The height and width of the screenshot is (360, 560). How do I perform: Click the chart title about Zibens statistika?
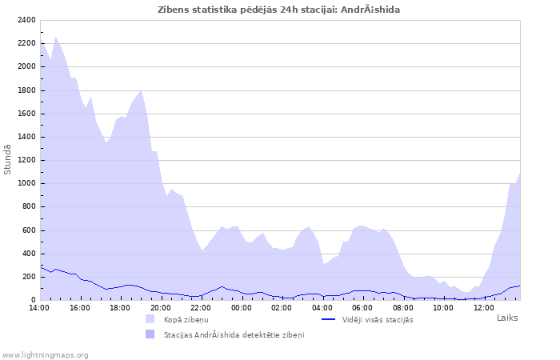click(x=279, y=10)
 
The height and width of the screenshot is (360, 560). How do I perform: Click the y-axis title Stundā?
click(x=8, y=159)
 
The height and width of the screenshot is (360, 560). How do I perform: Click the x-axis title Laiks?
click(x=507, y=318)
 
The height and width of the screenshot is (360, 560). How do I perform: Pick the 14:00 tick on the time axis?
click(x=40, y=307)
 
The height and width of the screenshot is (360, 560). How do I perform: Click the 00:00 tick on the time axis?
click(x=242, y=307)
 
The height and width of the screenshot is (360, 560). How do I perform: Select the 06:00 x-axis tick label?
click(x=362, y=307)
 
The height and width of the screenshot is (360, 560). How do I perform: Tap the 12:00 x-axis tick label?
click(x=484, y=307)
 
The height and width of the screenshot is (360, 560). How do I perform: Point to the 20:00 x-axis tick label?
click(x=161, y=307)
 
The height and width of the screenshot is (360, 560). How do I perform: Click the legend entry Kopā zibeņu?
click(x=186, y=320)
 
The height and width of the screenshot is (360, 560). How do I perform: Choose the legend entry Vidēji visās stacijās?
click(x=378, y=320)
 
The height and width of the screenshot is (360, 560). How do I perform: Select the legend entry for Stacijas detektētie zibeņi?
click(x=234, y=334)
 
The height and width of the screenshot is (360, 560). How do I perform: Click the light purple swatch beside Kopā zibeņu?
click(x=150, y=319)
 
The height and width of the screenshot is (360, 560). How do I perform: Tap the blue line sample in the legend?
click(x=328, y=319)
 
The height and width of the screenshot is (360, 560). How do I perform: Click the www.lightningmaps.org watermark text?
click(x=46, y=354)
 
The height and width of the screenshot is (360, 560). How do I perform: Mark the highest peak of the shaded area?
click(x=55, y=37)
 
